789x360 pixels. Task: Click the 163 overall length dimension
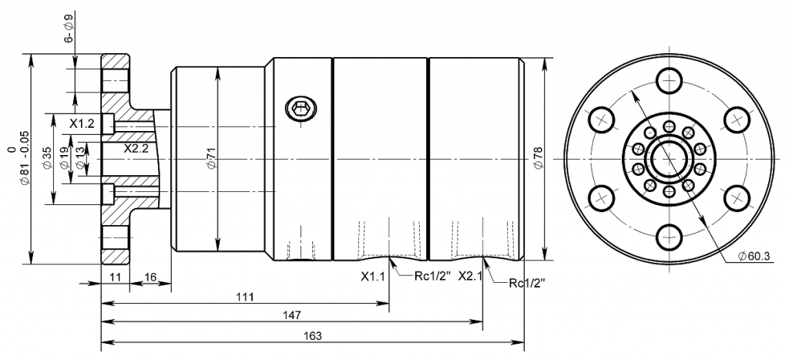[313, 336]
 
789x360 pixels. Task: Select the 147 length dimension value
[292, 316]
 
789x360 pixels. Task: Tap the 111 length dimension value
[246, 297]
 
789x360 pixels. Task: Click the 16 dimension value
[150, 277]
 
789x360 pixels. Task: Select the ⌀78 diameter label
[537, 158]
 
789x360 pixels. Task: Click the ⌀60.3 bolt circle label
[754, 256]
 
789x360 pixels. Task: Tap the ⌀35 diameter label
[47, 159]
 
